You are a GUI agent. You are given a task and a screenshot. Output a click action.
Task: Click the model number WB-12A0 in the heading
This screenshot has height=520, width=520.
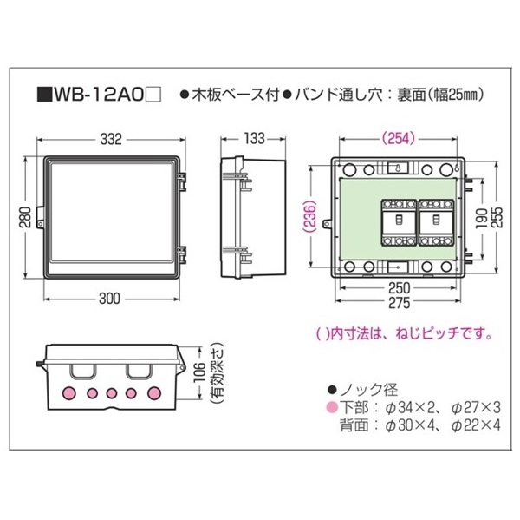pos(99,95)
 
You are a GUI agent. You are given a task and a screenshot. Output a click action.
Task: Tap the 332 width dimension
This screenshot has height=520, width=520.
pos(111,139)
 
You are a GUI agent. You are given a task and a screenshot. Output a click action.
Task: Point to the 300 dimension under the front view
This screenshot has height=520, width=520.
pos(110,299)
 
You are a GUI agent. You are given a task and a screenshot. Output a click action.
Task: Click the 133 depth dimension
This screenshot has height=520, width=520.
pos(254,139)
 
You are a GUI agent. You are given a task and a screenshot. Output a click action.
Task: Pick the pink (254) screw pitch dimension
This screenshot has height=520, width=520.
pos(398,138)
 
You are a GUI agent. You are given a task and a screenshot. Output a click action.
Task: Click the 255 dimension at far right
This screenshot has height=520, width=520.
pos(497,217)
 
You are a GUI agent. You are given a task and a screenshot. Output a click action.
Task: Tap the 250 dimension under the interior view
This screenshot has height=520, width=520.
pos(399,288)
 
